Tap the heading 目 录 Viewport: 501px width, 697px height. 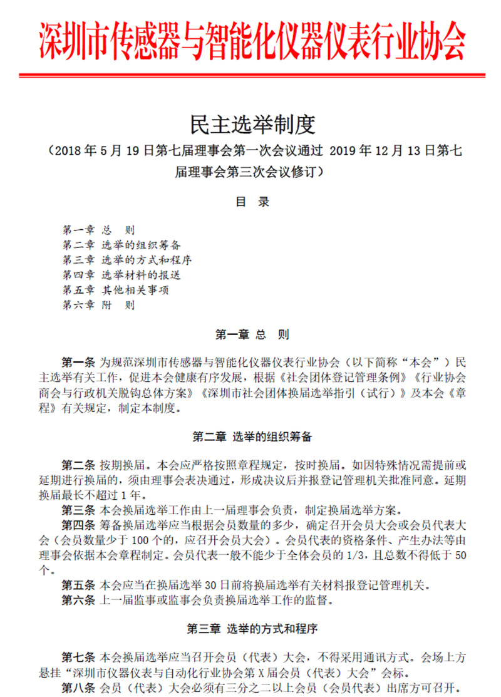click(252, 202)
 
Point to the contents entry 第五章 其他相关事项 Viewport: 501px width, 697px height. click(115, 291)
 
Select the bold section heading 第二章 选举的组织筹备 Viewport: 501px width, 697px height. click(252, 437)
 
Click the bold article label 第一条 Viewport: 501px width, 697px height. click(78, 363)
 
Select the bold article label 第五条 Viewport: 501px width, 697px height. click(78, 586)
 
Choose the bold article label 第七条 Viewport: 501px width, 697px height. click(78, 657)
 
